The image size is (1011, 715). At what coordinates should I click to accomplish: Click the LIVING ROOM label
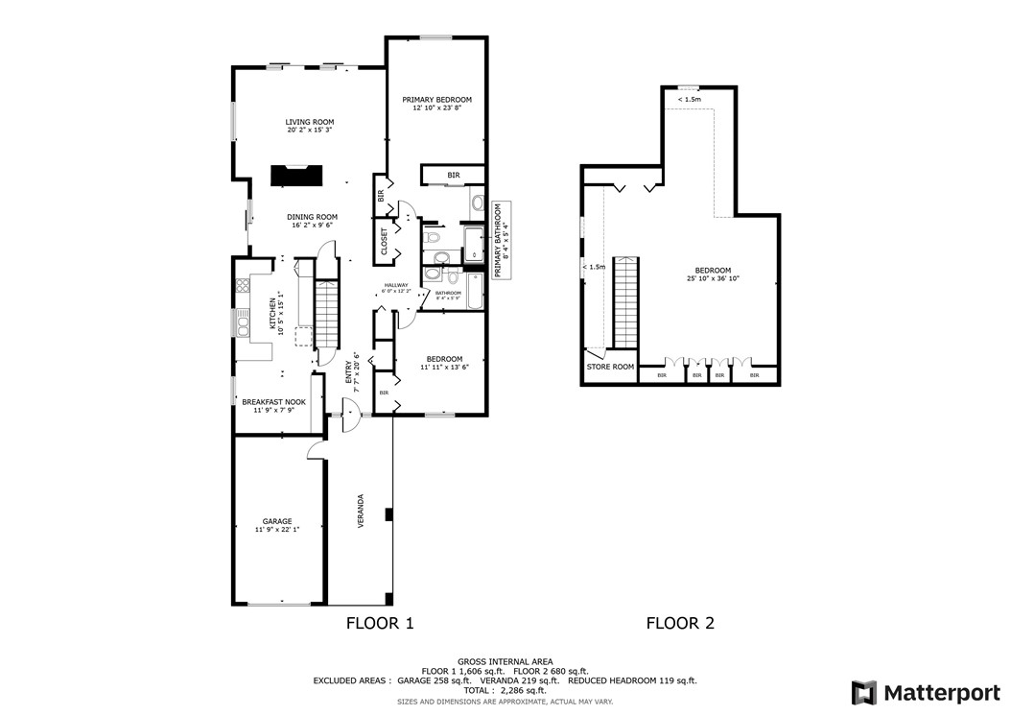(309, 122)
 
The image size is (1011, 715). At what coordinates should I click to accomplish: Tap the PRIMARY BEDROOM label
(436, 100)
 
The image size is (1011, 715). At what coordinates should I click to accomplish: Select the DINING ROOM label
(313, 217)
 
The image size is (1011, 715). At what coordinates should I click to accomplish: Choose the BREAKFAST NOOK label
(273, 402)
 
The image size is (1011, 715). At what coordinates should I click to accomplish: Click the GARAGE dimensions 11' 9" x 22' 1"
(277, 530)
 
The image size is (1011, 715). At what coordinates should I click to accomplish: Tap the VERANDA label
(361, 512)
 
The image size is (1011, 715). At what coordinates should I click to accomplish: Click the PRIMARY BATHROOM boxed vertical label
(501, 240)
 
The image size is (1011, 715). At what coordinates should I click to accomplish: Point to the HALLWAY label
(396, 285)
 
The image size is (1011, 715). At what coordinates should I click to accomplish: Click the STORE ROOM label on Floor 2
(610, 367)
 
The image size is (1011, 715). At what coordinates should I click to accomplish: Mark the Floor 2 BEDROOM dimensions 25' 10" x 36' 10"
(713, 278)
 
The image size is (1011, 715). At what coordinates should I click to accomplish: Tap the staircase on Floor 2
(625, 302)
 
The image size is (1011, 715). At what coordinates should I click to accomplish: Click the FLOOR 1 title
(379, 623)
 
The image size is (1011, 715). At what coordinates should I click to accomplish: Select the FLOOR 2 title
(680, 623)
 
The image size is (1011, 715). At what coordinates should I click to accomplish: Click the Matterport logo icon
(864, 692)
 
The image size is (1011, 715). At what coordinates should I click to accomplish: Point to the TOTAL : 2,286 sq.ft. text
(505, 690)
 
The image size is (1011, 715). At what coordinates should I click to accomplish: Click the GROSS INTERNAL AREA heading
(505, 661)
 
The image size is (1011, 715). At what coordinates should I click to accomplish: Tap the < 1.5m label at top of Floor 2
(689, 100)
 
